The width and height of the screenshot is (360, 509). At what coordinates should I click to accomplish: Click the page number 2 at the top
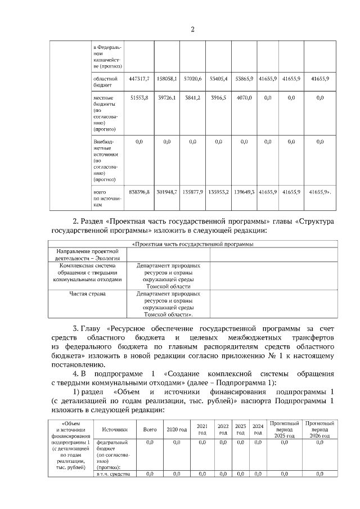192,29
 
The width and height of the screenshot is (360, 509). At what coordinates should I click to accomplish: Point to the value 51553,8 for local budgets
139,98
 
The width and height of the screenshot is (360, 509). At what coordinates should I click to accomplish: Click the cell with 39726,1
166,98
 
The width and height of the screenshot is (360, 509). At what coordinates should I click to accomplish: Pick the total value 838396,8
139,192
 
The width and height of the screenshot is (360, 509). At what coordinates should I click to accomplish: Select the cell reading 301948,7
166,192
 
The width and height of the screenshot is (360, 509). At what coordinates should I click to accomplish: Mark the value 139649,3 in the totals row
245,192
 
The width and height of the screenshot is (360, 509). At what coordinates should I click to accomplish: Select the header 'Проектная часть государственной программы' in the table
192,244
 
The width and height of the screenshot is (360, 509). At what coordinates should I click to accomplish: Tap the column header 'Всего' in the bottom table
150,429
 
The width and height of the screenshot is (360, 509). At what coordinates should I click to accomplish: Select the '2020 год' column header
177,429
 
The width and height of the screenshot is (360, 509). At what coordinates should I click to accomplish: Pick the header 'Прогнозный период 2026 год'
319,429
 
